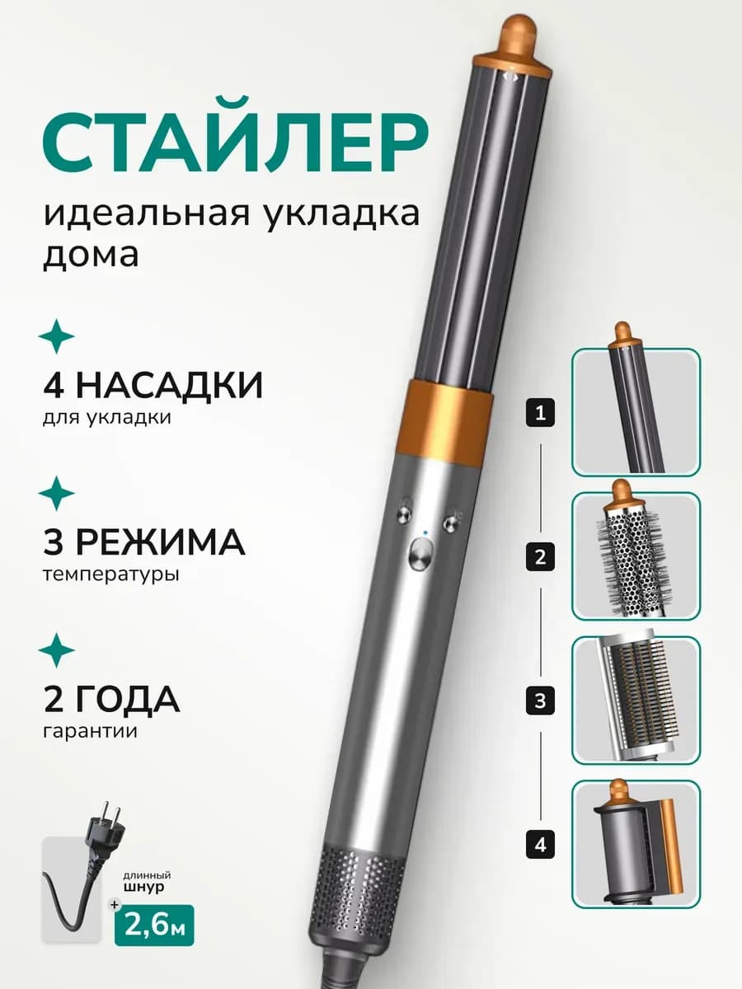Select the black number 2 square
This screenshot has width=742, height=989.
[540, 558]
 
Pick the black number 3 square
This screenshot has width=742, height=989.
[540, 702]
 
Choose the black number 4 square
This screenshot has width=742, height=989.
[540, 845]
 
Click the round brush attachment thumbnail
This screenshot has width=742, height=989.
[636, 556]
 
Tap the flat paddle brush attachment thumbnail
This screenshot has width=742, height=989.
[636, 700]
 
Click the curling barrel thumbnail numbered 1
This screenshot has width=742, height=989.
[636, 411]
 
